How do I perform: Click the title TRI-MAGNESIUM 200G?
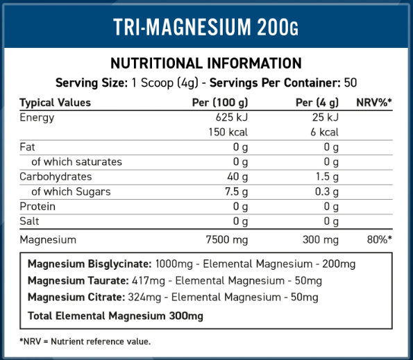[x=205, y=26]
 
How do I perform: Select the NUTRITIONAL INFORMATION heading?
[x=206, y=63]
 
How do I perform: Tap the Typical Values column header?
[x=55, y=103]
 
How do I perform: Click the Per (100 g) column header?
[x=220, y=103]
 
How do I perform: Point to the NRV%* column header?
[x=374, y=103]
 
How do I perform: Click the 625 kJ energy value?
[x=232, y=117]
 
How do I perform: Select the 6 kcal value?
[x=324, y=132]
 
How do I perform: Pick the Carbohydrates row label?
[x=56, y=177]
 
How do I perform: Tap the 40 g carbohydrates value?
[x=237, y=177]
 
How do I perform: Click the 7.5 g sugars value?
[x=236, y=191]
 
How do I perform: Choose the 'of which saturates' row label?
[x=76, y=162]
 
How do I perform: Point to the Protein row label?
[x=37, y=207]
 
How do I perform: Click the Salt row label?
[x=29, y=221]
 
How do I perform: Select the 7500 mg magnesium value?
[x=227, y=240]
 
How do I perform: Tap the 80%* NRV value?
[x=379, y=239]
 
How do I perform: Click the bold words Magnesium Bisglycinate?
[x=90, y=264]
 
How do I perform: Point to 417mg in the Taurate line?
[x=149, y=281]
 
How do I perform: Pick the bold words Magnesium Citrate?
[x=76, y=298]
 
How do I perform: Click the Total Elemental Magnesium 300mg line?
[x=115, y=316]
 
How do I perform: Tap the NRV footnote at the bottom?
[x=85, y=341]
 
